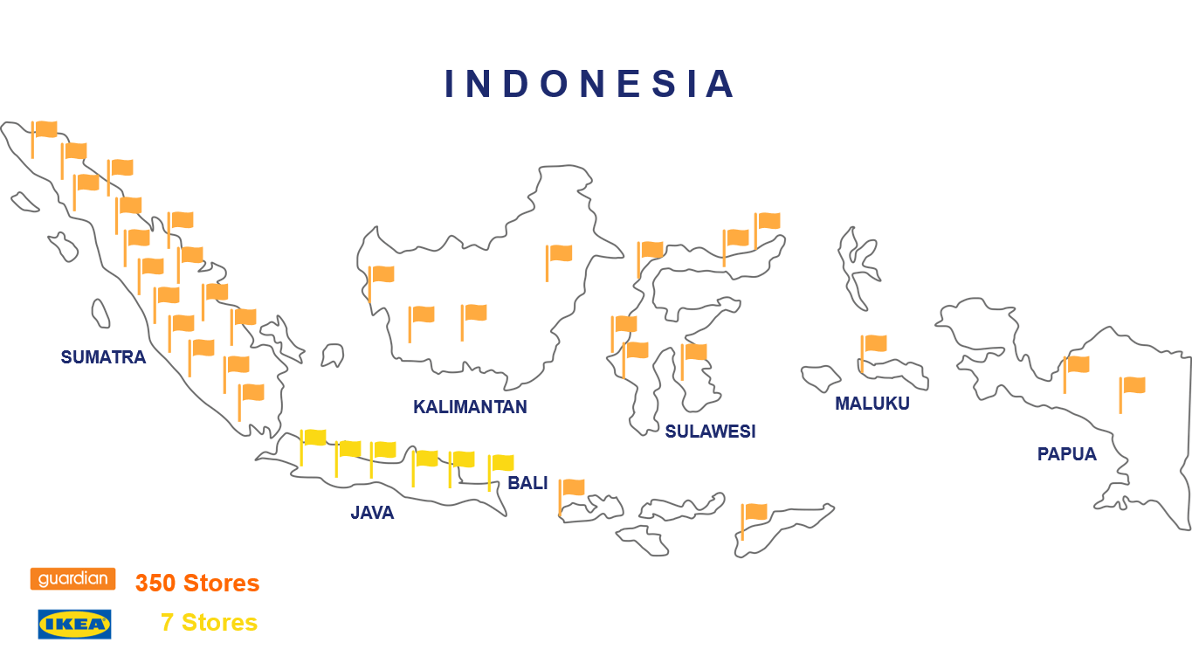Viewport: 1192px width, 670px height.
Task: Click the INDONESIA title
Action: pos(590,84)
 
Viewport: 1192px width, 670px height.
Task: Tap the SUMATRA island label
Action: pos(103,357)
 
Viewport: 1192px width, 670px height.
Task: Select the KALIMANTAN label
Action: pos(470,407)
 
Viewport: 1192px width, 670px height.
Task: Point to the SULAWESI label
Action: pos(710,431)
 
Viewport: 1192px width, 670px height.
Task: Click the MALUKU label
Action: pos(872,404)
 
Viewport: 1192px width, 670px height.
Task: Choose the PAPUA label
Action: pos(1066,454)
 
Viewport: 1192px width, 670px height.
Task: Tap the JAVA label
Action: pos(372,513)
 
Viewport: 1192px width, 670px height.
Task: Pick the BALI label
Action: pos(527,483)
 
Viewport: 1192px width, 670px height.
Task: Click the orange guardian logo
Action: pos(73,578)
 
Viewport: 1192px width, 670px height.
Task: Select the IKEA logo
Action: pos(74,624)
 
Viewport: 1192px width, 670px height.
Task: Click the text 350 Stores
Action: pos(197,583)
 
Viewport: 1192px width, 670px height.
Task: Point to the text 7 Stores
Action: pos(209,623)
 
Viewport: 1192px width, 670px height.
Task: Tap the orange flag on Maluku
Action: pos(874,344)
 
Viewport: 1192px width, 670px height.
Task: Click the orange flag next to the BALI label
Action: pos(572,488)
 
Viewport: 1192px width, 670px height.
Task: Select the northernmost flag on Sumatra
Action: pos(45,130)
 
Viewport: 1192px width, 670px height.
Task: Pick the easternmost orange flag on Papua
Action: pos(1133,385)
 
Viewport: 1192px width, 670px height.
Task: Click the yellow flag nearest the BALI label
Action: pos(501,463)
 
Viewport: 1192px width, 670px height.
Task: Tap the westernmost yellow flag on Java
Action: pos(314,438)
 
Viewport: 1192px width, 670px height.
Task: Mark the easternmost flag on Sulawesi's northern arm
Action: pos(768,221)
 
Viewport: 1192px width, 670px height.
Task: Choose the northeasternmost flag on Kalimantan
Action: pos(559,254)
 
